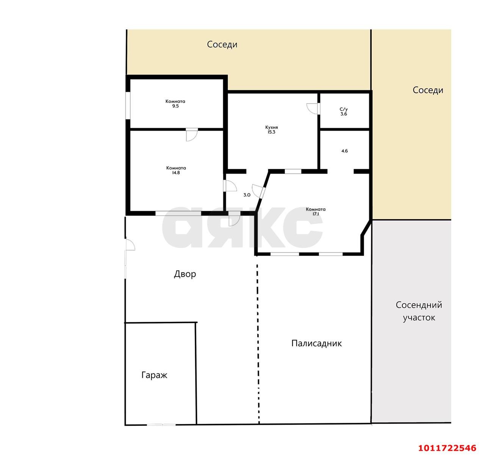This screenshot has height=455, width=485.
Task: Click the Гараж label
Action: [154, 375]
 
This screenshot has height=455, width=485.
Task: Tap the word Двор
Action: [185, 274]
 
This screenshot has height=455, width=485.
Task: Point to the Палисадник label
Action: [316, 343]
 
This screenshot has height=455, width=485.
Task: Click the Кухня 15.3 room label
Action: [272, 129]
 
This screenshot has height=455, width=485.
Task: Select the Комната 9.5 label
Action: [175, 104]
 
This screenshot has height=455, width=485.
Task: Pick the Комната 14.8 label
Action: [176, 170]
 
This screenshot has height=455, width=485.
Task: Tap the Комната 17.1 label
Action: [316, 212]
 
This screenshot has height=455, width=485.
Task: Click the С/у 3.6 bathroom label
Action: [344, 112]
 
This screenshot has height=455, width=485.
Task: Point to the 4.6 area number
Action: [344, 151]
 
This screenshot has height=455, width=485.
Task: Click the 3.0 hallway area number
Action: [247, 195]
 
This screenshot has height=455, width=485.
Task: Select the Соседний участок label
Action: [419, 311]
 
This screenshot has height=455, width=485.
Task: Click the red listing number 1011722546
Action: [447, 448]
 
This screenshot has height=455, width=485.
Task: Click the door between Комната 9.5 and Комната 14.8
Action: [192, 135]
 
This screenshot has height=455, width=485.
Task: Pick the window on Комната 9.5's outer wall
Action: [128, 105]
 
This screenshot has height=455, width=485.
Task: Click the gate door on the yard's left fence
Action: [130, 245]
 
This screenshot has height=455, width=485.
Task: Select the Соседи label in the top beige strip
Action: [222, 44]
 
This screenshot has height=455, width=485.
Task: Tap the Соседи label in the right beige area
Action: [428, 90]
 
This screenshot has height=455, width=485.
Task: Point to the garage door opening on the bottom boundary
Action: [161, 425]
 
